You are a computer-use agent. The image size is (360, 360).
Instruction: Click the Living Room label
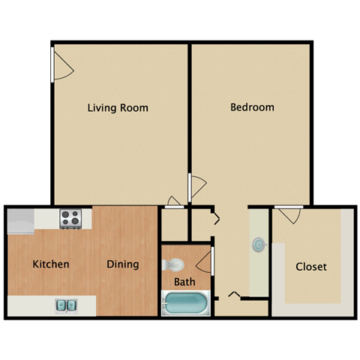[118, 107]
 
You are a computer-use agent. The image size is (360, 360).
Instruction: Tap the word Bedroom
[251, 106]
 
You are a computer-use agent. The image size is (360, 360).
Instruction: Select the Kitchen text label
[51, 264]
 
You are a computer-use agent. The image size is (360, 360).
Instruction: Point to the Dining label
[122, 264]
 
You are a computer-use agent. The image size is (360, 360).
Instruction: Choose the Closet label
[310, 266]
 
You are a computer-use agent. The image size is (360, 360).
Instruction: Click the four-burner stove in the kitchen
[70, 218]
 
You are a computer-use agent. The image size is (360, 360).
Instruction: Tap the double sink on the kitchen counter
[66, 305]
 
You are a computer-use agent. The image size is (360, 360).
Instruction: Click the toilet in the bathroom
[172, 265]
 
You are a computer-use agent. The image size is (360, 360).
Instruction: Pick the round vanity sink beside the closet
[259, 244]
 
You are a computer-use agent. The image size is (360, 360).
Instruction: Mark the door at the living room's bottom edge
[175, 201]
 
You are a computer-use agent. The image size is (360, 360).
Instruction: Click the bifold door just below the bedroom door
[215, 219]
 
